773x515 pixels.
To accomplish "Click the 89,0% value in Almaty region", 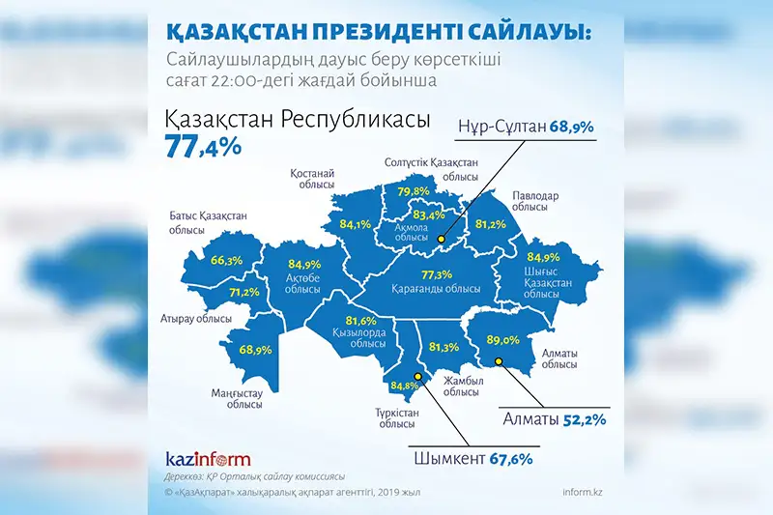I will pos(503,339).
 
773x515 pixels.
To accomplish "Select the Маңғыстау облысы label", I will pos(237,398).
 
